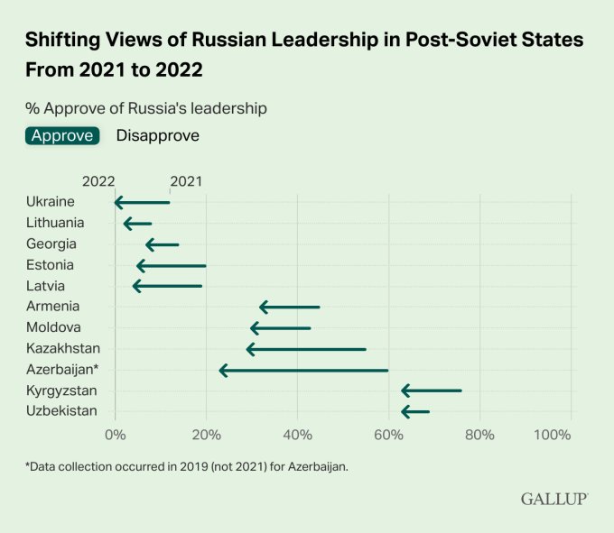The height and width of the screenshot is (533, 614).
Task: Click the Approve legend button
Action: tap(62, 136)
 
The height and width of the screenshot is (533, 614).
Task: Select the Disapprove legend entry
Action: tap(158, 136)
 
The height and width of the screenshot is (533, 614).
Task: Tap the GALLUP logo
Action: tap(554, 499)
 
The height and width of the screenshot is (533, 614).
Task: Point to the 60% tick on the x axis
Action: tap(388, 435)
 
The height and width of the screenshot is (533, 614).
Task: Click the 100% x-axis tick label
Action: tap(553, 435)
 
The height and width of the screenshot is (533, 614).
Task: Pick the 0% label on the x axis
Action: tap(115, 435)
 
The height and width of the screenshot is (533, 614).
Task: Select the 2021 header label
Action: tap(186, 181)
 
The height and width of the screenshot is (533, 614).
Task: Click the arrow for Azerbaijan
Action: tap(303, 370)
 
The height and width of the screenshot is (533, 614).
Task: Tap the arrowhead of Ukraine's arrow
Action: tap(118, 203)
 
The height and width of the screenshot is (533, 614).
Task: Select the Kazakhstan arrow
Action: tap(306, 349)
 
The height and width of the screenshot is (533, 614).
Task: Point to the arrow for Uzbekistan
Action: tap(415, 412)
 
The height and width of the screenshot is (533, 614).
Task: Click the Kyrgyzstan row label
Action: tap(61, 391)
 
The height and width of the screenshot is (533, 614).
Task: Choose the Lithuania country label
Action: tap(55, 223)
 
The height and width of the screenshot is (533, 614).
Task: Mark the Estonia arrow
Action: tap(171, 266)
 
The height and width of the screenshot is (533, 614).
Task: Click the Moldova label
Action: tap(53, 327)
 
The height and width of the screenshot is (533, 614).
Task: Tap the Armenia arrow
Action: tap(290, 308)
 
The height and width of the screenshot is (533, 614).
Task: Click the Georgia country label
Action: tap(51, 244)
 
